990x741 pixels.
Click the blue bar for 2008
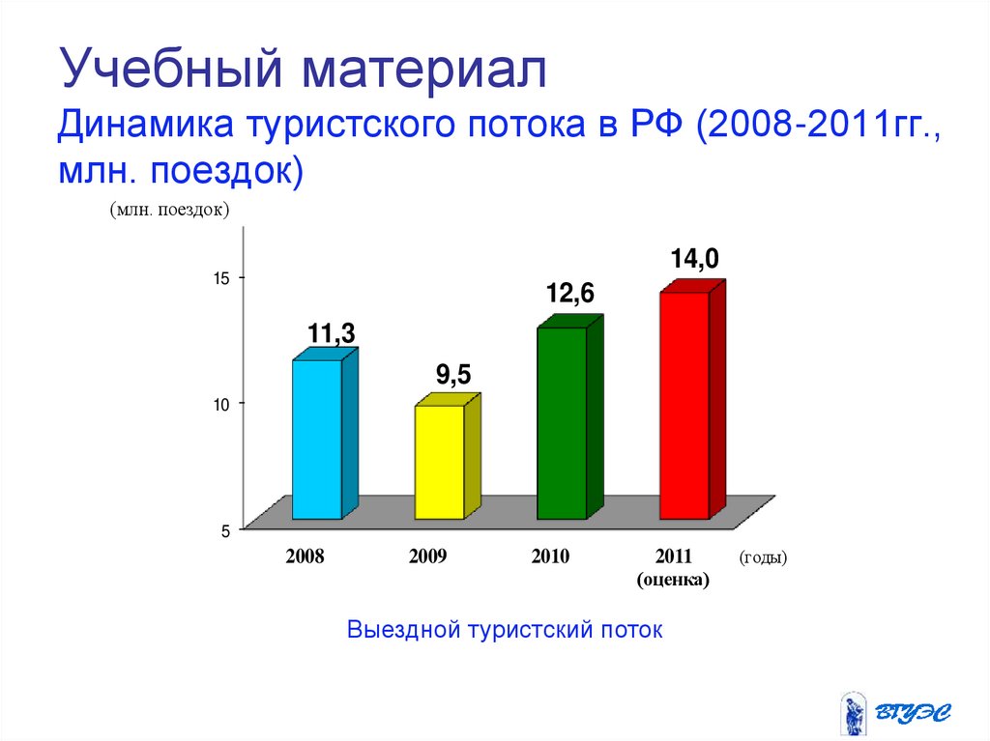[x=317, y=440]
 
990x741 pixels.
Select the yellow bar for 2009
[x=440, y=462]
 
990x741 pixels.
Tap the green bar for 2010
[x=562, y=423]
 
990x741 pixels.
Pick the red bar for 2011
[x=684, y=405]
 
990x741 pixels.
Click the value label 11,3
[x=332, y=334]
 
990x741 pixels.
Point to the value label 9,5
[x=452, y=375]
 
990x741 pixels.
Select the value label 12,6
[x=570, y=294]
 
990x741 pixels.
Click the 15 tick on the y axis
[x=220, y=279]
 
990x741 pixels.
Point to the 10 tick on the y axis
[x=220, y=404]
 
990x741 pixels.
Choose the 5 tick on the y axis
[x=224, y=530]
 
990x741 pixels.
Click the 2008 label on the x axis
[x=305, y=557]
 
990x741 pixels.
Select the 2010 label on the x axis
[x=550, y=557]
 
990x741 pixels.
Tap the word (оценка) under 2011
[x=673, y=580]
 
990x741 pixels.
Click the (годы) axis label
[x=763, y=557]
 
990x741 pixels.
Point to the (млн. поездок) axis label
[x=168, y=209]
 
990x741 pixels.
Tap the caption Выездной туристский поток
[x=505, y=630]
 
